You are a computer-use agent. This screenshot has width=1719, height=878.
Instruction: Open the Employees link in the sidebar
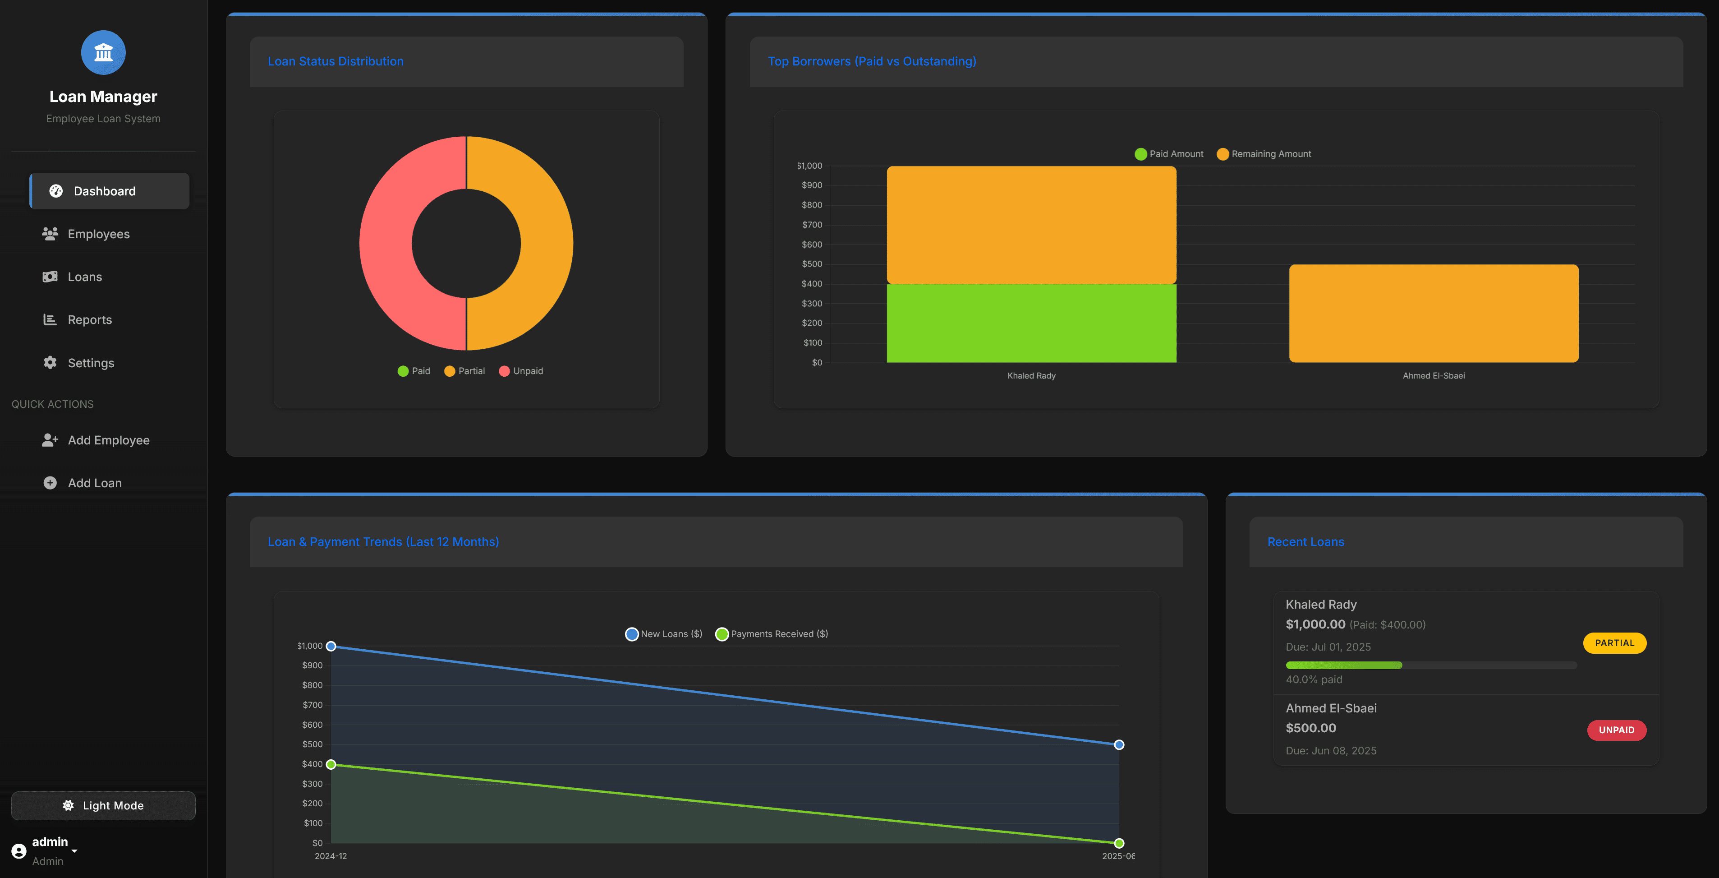pos(98,234)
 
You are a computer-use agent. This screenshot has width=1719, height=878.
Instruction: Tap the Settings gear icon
pos(50,363)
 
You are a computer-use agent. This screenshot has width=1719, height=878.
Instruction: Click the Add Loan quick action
pos(94,483)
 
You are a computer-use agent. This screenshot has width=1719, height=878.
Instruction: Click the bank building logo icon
pos(103,52)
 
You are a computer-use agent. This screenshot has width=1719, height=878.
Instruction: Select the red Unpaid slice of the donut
pos(387,244)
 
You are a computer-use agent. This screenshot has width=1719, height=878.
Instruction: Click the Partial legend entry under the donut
pos(464,370)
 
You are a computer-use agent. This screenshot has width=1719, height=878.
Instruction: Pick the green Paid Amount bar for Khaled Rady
pos(1031,323)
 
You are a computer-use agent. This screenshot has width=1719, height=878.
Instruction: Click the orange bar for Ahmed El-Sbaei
pos(1434,313)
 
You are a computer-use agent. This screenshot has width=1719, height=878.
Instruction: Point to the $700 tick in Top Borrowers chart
pos(811,224)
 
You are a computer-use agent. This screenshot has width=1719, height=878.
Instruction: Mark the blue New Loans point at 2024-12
pos(331,646)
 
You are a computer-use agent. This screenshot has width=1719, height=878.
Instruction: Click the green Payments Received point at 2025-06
pos(1119,843)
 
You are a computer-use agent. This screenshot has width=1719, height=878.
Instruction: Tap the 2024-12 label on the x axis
pos(331,856)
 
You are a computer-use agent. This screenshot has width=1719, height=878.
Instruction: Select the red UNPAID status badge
pos(1616,730)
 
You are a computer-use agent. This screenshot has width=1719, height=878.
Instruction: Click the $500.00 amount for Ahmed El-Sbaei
pos(1310,728)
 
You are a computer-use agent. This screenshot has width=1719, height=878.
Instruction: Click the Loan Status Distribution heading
pos(335,61)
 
